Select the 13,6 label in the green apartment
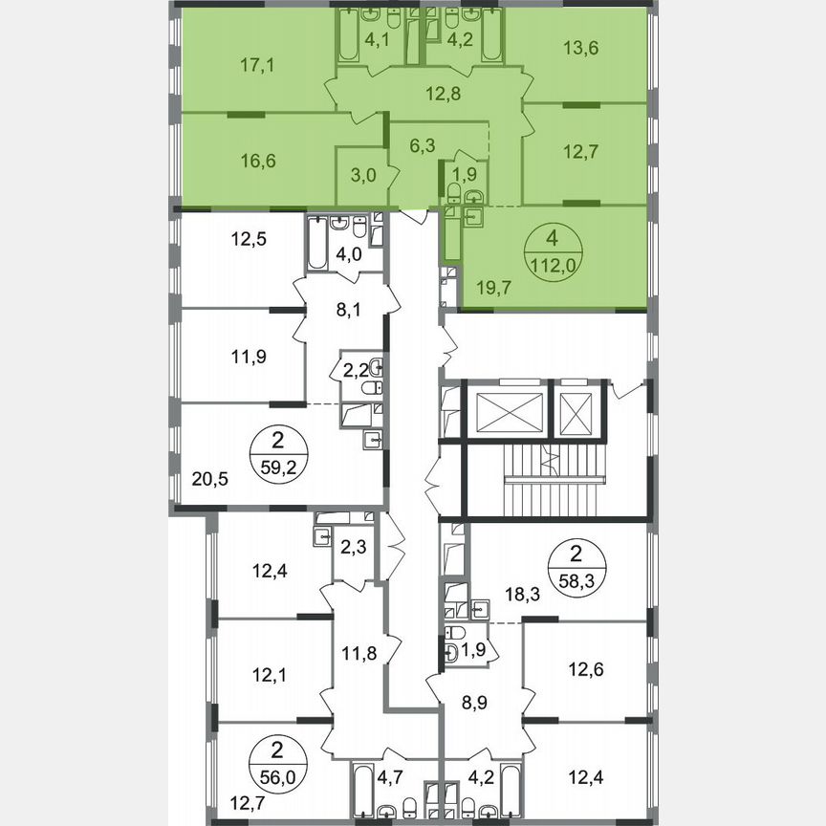[x=581, y=48]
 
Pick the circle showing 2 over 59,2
[x=278, y=452]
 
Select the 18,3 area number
[x=515, y=594]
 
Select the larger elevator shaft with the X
[x=507, y=413]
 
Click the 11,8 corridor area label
[x=359, y=655]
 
